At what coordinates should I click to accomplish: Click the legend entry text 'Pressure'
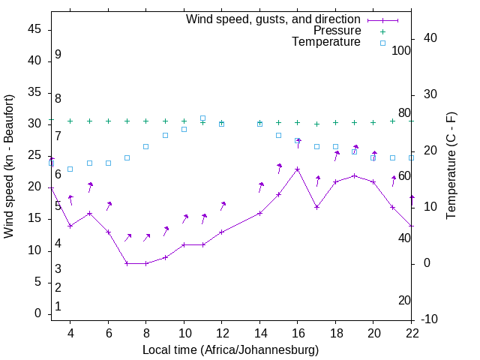point(337,31)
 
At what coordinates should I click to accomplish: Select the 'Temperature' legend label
point(326,43)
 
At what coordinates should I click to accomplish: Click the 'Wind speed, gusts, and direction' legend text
point(273,19)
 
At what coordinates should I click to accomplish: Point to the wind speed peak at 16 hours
point(298,169)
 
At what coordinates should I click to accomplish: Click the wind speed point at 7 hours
point(127,263)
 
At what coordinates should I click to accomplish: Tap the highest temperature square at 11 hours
point(203,118)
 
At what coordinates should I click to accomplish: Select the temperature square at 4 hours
point(70,169)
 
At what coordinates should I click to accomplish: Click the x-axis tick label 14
point(259,334)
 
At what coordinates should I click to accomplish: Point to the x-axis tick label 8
point(146,334)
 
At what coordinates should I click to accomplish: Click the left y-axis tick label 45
point(34,29)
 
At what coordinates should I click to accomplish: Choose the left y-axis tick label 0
point(37,313)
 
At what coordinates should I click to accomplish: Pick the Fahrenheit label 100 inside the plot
point(401,50)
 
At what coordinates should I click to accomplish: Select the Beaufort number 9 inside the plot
point(58,55)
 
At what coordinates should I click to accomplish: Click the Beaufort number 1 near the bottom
point(58,306)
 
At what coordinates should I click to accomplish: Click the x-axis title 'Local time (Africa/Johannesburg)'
point(230,350)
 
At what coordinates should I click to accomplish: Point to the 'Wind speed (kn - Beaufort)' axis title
point(9,166)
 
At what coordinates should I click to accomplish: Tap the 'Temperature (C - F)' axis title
point(451,166)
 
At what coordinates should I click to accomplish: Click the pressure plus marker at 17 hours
point(316,124)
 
